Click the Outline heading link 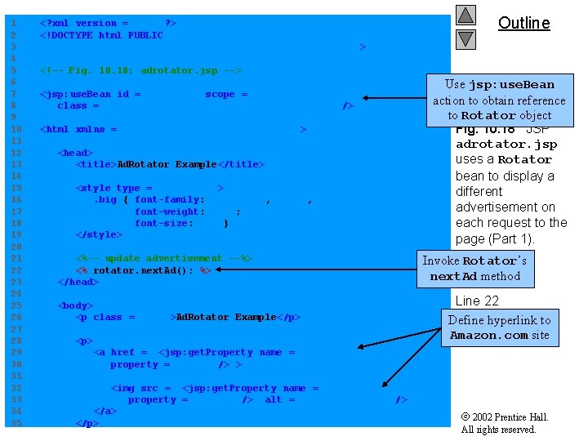(523, 23)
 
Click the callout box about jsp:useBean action (499, 100)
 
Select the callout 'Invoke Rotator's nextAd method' (474, 268)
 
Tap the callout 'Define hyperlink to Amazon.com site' (499, 327)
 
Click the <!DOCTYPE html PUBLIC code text (101, 35)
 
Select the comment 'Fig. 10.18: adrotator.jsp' (140, 70)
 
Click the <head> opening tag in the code (75, 153)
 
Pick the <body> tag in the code (75, 305)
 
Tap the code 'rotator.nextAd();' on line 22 (143, 270)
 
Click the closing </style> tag (98, 234)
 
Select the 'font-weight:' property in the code (170, 212)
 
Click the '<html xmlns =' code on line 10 (78, 129)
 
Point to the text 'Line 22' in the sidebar (477, 301)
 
